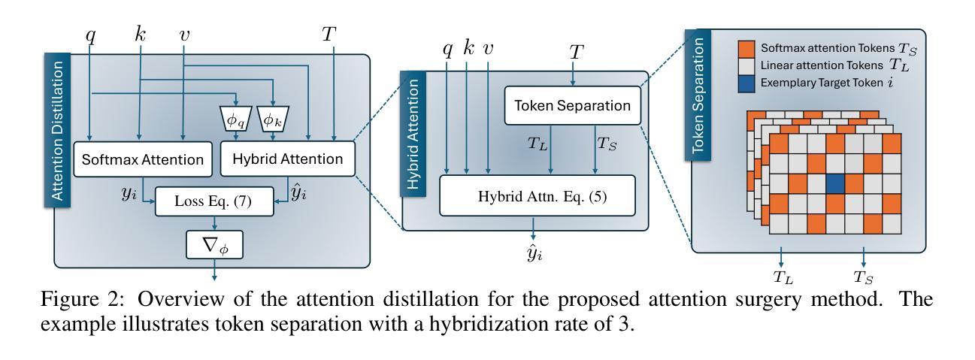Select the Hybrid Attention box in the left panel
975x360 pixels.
click(288, 159)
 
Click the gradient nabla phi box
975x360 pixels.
click(215, 244)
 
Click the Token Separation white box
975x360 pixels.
click(572, 105)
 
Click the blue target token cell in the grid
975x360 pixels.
click(834, 183)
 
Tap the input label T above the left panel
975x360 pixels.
click(329, 34)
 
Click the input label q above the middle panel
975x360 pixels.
click(448, 50)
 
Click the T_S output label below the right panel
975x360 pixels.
click(862, 276)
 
